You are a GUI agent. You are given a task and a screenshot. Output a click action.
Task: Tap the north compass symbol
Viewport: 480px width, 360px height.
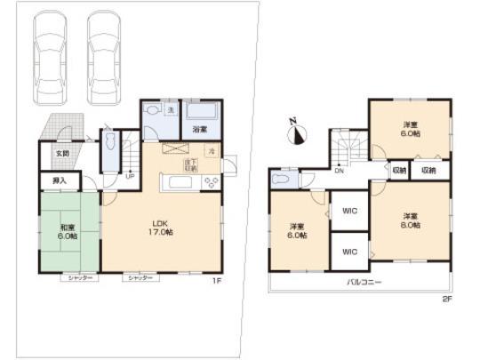[297, 133]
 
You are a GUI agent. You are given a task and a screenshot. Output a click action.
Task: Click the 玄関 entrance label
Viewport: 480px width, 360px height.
[62, 153]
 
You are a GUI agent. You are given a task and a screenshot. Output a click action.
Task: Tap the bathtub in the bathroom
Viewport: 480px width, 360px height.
[200, 113]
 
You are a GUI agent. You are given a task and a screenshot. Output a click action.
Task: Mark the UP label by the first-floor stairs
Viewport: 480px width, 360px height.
[130, 174]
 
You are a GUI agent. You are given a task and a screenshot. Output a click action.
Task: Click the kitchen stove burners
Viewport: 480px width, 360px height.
[212, 182]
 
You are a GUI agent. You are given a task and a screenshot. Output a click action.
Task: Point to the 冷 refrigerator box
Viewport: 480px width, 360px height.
[212, 152]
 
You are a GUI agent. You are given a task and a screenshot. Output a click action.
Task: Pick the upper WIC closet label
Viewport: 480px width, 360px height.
[348, 212]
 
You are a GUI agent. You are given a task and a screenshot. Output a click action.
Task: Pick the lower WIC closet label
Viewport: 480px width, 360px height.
[348, 252]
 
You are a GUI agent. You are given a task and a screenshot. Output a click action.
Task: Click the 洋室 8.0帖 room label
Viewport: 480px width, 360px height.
[409, 220]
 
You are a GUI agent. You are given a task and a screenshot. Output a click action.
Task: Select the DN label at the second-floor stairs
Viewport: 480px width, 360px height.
[340, 172]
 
